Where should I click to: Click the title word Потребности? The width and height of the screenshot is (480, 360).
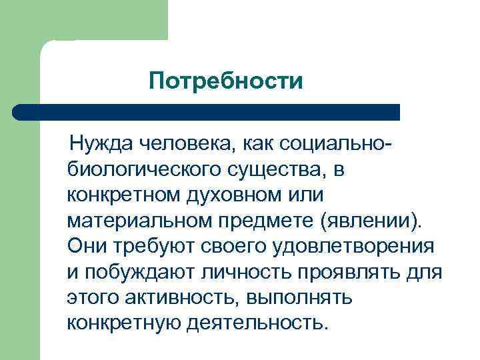coord(227,82)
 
